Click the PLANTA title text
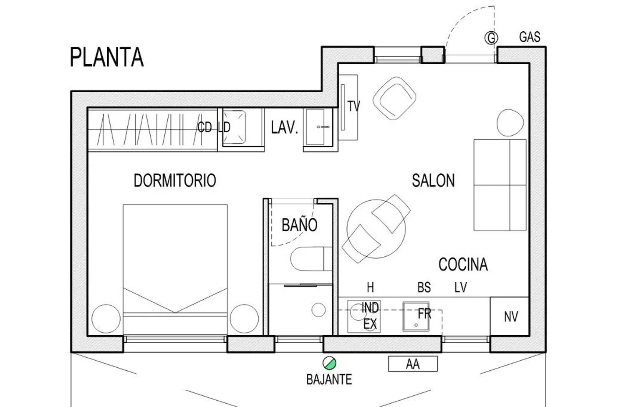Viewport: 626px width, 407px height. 107,57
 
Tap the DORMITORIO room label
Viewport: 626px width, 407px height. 175,181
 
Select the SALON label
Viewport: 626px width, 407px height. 433,181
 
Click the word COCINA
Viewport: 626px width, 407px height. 463,264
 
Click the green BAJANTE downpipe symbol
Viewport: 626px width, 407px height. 329,363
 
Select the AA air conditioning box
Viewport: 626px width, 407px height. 413,364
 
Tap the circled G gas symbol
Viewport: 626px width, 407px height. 491,38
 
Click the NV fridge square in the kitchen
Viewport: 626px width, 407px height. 509,316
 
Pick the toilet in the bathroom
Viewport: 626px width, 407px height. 311,259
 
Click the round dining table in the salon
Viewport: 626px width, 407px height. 376,229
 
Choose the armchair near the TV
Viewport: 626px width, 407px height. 394,99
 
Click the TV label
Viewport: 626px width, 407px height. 354,106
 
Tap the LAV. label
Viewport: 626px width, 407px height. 285,127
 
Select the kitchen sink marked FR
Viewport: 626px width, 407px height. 416,316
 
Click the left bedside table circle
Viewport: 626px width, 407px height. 106,319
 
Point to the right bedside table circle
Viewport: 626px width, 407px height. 244,319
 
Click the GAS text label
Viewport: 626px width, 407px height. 530,37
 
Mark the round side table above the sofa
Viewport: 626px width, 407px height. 510,122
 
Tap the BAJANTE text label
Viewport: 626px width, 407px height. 329,379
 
